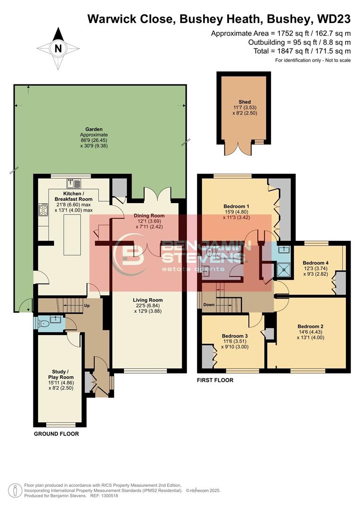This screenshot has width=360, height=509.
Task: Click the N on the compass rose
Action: [58, 48]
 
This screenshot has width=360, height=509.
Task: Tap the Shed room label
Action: [245, 102]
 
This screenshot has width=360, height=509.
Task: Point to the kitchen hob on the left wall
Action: [43, 210]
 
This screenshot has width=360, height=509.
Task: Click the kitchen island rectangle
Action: [72, 235]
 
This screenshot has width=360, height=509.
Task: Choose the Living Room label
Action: [147, 300]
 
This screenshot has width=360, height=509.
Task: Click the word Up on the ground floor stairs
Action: [87, 305]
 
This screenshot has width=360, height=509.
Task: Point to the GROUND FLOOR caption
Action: [56, 434]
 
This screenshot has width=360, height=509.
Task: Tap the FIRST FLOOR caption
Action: [215, 379]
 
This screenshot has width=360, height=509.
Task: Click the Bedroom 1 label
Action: [236, 206]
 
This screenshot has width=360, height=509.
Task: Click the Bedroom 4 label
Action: [315, 263]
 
